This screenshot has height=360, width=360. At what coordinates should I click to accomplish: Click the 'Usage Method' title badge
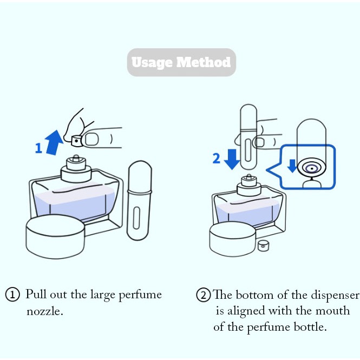click(181, 62)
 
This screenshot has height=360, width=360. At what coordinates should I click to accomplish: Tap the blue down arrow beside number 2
click(232, 157)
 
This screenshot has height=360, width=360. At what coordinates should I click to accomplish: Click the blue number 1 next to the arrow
click(38, 148)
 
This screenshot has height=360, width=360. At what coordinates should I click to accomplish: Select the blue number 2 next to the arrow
click(216, 158)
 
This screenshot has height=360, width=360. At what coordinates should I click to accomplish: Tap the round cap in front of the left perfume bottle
click(56, 238)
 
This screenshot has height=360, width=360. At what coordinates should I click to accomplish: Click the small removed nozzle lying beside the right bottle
click(264, 245)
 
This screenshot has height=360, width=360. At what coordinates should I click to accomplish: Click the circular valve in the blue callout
click(311, 168)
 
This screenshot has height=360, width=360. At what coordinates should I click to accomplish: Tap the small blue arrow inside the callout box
click(293, 166)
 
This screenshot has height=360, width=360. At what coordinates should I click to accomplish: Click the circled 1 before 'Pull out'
click(12, 295)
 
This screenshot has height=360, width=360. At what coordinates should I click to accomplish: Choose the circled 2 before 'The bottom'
click(204, 296)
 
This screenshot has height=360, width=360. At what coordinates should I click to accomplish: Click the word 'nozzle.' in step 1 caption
click(45, 312)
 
